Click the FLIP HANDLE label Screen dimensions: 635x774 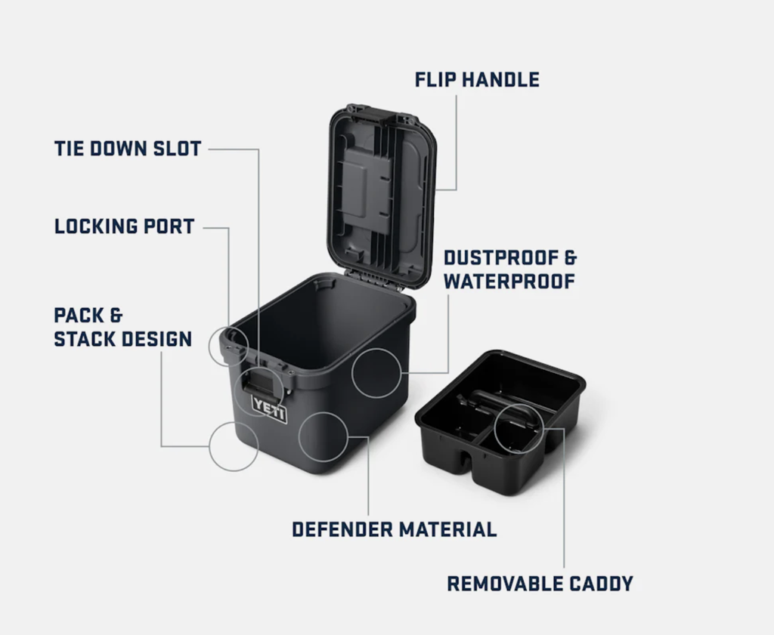(x=477, y=80)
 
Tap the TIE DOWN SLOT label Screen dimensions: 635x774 (x=128, y=148)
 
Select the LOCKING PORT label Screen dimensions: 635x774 (x=125, y=226)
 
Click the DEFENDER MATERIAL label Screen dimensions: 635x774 (x=394, y=529)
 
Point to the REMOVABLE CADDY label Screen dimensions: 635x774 (x=540, y=584)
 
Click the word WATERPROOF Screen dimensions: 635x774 (x=509, y=282)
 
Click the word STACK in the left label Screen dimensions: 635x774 (x=85, y=339)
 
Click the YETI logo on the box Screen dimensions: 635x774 (x=270, y=408)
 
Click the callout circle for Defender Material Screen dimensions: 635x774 (x=324, y=436)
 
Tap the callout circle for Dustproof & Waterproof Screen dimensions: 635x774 (x=376, y=373)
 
